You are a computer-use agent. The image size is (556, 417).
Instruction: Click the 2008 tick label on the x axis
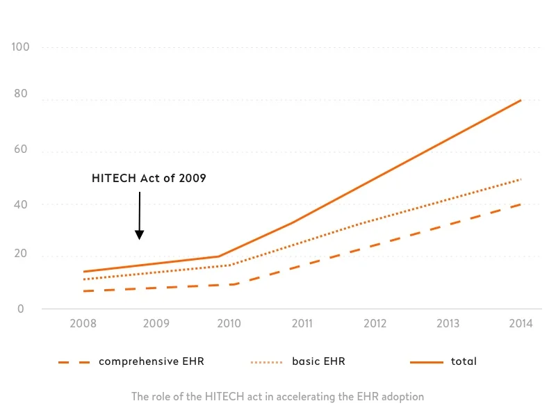pyautogui.click(x=83, y=323)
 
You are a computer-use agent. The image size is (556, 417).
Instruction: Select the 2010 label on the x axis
pyautogui.click(x=229, y=323)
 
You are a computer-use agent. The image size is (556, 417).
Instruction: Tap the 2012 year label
pyautogui.click(x=375, y=323)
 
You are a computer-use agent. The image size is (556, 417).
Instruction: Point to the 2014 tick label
pyautogui.click(x=521, y=323)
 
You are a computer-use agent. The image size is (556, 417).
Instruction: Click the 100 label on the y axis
pyautogui.click(x=20, y=47)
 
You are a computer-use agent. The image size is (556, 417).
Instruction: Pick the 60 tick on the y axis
pyautogui.click(x=22, y=152)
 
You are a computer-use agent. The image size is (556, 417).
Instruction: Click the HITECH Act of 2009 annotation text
pyautogui.click(x=149, y=179)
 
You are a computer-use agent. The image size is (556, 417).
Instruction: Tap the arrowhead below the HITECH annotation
pyautogui.click(x=139, y=235)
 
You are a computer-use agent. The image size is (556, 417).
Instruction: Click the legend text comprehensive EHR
pyautogui.click(x=151, y=361)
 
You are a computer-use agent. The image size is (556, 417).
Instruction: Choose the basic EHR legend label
pyautogui.click(x=318, y=361)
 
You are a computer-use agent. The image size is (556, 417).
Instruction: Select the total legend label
pyautogui.click(x=464, y=361)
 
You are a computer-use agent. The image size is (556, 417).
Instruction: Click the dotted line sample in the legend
pyautogui.click(x=266, y=362)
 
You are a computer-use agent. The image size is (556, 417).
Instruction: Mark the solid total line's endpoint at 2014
pyautogui.click(x=521, y=100)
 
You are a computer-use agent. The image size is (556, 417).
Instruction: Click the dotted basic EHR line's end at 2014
pyautogui.click(x=521, y=179)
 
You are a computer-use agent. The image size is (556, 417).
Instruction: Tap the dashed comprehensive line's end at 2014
pyautogui.click(x=520, y=204)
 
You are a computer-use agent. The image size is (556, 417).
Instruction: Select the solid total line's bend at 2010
pyautogui.click(x=220, y=256)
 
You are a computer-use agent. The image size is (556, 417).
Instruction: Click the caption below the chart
pyautogui.click(x=277, y=397)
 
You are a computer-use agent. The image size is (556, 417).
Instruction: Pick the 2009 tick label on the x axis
pyautogui.click(x=156, y=323)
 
